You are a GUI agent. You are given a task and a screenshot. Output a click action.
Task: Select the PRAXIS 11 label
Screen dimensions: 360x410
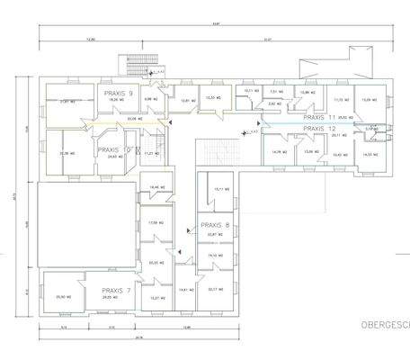[x=319, y=117]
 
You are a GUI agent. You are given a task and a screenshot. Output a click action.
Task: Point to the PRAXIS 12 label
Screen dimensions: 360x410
[x=319, y=129]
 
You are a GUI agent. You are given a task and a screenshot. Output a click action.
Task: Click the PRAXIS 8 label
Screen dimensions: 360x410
[x=215, y=225]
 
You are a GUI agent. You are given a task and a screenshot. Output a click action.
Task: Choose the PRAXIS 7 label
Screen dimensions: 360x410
[x=117, y=291]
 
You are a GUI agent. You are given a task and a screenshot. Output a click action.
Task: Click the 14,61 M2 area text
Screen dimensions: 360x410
[x=185, y=290]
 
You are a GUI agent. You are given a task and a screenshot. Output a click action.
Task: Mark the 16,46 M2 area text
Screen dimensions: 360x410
[x=155, y=187]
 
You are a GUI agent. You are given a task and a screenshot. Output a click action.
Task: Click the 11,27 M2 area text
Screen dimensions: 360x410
[x=150, y=154]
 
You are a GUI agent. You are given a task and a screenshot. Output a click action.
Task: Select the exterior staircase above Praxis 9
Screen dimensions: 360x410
[x=135, y=68]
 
